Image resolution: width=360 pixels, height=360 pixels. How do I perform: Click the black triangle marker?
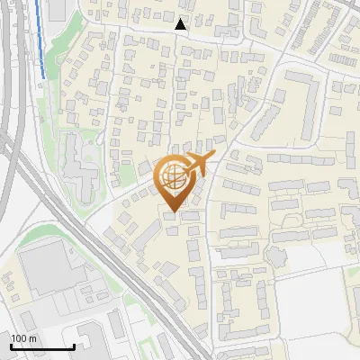[x=181, y=25]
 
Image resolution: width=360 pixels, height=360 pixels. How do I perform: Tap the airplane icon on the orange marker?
[x=199, y=164]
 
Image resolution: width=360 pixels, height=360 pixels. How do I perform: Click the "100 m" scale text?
[x=23, y=337]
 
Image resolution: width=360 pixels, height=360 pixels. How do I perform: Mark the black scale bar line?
[x=40, y=346]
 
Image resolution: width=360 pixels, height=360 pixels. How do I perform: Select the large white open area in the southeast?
[x=315, y=315]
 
